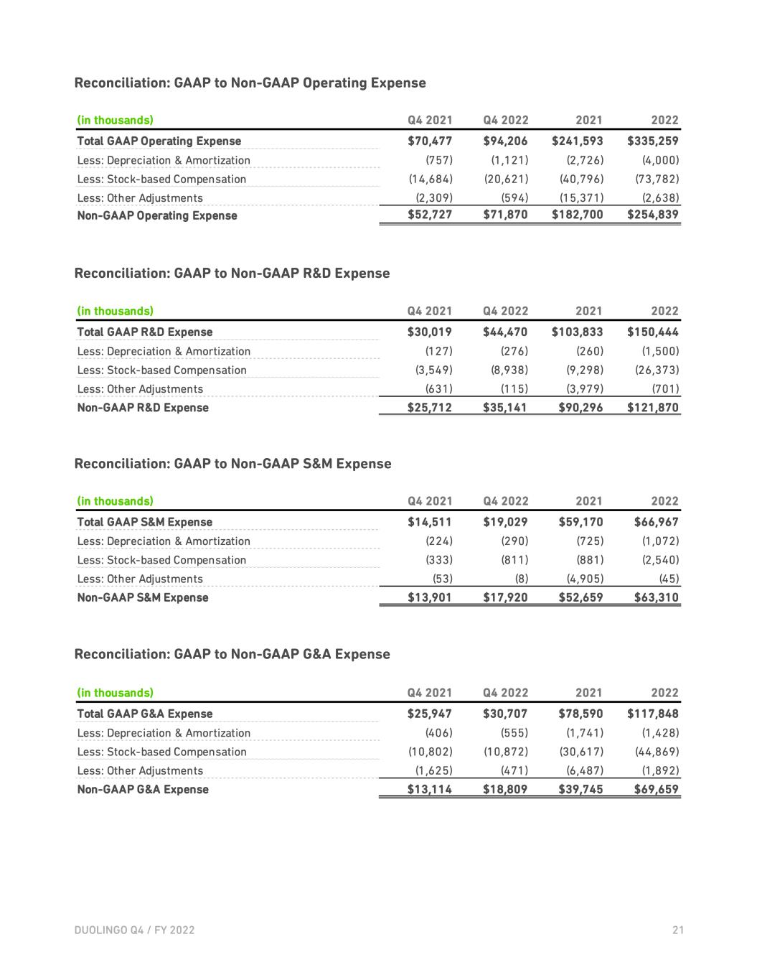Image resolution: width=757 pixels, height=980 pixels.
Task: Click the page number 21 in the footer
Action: [678, 930]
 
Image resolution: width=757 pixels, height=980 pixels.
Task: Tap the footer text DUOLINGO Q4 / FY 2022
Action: [134, 930]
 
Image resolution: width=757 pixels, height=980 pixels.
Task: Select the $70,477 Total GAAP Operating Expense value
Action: [430, 141]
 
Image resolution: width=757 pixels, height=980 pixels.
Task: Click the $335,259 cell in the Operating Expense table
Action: [652, 141]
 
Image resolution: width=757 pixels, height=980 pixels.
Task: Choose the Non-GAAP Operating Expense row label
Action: [156, 215]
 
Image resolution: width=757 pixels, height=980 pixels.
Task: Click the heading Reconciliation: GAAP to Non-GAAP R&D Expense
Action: [232, 273]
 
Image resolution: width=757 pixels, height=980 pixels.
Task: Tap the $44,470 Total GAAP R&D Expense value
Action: [505, 332]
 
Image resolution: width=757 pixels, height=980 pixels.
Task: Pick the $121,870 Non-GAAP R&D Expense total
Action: [652, 407]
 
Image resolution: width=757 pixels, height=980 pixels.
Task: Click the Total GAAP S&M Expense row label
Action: [144, 522]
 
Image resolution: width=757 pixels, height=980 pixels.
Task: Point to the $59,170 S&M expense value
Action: [580, 522]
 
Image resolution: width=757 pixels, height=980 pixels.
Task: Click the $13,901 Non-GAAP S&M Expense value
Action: [430, 597]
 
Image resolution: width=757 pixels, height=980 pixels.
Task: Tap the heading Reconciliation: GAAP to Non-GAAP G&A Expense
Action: [232, 654]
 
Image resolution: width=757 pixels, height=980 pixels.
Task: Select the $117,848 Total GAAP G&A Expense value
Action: [652, 714]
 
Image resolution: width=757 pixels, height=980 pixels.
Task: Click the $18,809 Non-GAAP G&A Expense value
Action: [505, 789]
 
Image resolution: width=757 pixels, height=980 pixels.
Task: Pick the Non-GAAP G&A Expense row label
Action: [142, 789]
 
